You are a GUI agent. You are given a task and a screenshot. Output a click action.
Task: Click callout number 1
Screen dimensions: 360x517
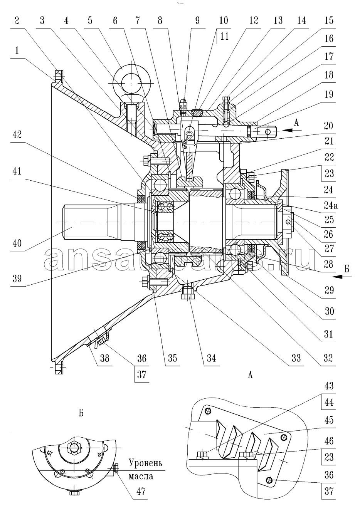[x=17, y=50]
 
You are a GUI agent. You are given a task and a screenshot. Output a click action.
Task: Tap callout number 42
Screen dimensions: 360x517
[x=17, y=135]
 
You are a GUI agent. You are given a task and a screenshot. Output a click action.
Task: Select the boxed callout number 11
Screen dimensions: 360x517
[x=224, y=36]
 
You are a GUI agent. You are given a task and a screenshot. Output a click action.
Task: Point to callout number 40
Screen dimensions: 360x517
[x=17, y=243]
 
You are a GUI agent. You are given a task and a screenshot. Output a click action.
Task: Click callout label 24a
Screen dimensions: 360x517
[x=329, y=205]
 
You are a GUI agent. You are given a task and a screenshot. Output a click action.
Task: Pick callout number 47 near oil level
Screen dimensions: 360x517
[x=141, y=491]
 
